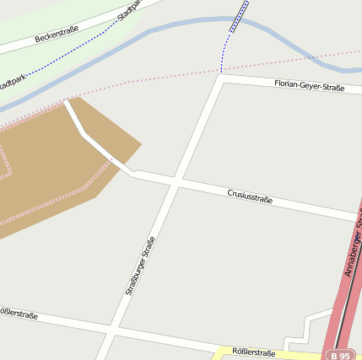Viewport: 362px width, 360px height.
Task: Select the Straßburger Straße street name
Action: pyautogui.click(x=140, y=265)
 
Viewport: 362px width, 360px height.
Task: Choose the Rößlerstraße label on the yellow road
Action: pyautogui.click(x=253, y=353)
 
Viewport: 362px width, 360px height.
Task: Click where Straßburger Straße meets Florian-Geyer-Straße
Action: pyautogui.click(x=220, y=76)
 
